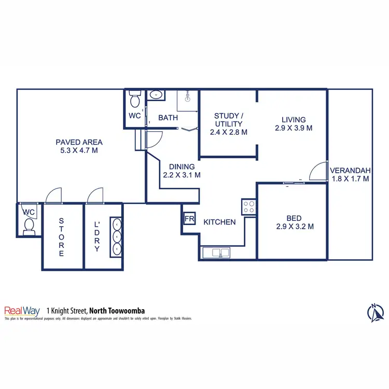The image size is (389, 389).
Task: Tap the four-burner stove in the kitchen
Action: click(x=249, y=207)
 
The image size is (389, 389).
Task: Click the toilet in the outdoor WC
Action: click(x=30, y=226)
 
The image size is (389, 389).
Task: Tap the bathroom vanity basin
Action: click(x=155, y=95)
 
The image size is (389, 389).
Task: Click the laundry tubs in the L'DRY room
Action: click(x=117, y=237)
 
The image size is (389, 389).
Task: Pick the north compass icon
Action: click(x=375, y=313)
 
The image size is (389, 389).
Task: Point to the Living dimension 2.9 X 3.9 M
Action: click(x=294, y=128)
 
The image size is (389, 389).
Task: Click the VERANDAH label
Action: click(x=350, y=170)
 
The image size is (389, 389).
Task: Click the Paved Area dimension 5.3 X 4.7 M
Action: click(x=79, y=151)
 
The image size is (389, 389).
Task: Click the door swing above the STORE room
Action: click(x=53, y=196)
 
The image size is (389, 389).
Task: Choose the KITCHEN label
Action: click(x=219, y=222)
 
